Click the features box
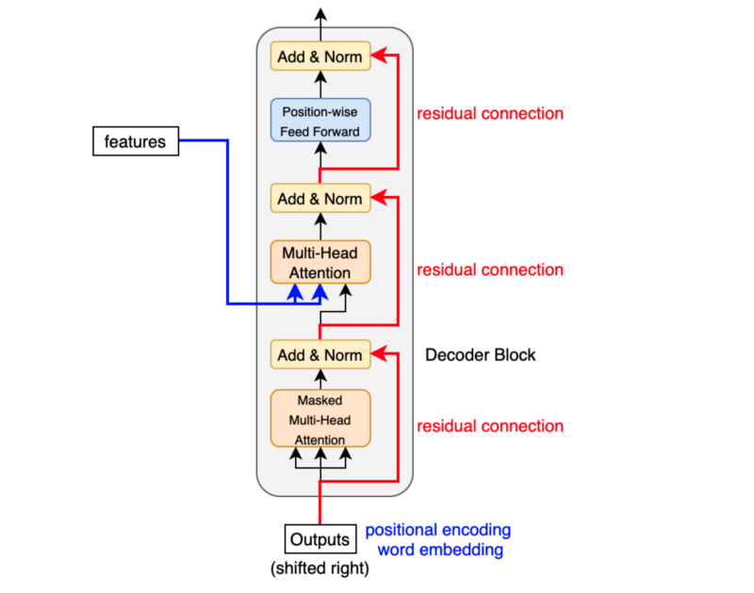pos(136,140)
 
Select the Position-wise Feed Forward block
pos(320,120)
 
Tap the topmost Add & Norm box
pos(320,57)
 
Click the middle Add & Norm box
pos(320,198)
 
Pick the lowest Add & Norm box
pos(320,354)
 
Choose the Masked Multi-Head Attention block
pos(320,419)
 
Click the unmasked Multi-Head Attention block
pos(320,262)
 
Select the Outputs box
pos(320,539)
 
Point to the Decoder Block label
pos(480,354)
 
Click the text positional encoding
pos(437,530)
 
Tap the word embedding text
pos(440,550)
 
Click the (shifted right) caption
pos(320,568)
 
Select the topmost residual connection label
pos(490,113)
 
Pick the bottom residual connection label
pos(490,426)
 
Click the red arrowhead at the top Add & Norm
pos(379,56)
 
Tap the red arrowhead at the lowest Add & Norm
pos(379,354)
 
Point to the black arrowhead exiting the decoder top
pos(320,14)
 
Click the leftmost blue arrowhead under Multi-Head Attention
pos(295,292)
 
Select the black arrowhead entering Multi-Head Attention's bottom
pos(345,290)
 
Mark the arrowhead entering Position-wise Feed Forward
pos(320,148)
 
